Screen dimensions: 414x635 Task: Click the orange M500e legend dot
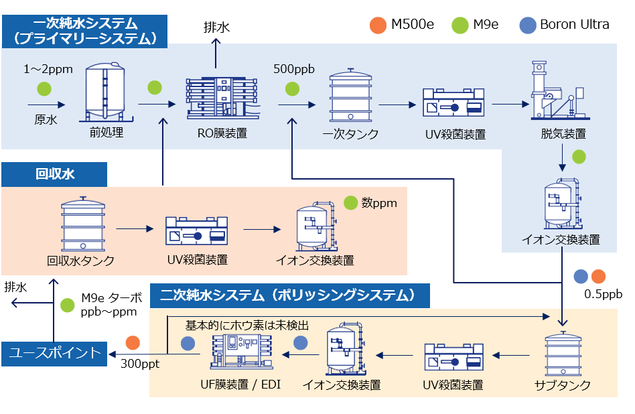pos(378,25)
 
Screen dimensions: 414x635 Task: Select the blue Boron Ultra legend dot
pos(528,25)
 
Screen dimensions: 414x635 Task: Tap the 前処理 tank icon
pos(106,92)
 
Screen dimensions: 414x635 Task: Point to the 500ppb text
pos(293,70)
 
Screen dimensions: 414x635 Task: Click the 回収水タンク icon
pos(83,225)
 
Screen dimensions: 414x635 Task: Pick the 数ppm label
pos(379,202)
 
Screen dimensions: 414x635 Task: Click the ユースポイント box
pos(54,352)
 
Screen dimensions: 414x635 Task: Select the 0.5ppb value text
pos(603,293)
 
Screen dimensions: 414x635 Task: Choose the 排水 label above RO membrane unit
pos(216,27)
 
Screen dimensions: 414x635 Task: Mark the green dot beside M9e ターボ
pos(67,305)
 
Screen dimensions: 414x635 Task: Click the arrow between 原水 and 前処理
pos(46,105)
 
